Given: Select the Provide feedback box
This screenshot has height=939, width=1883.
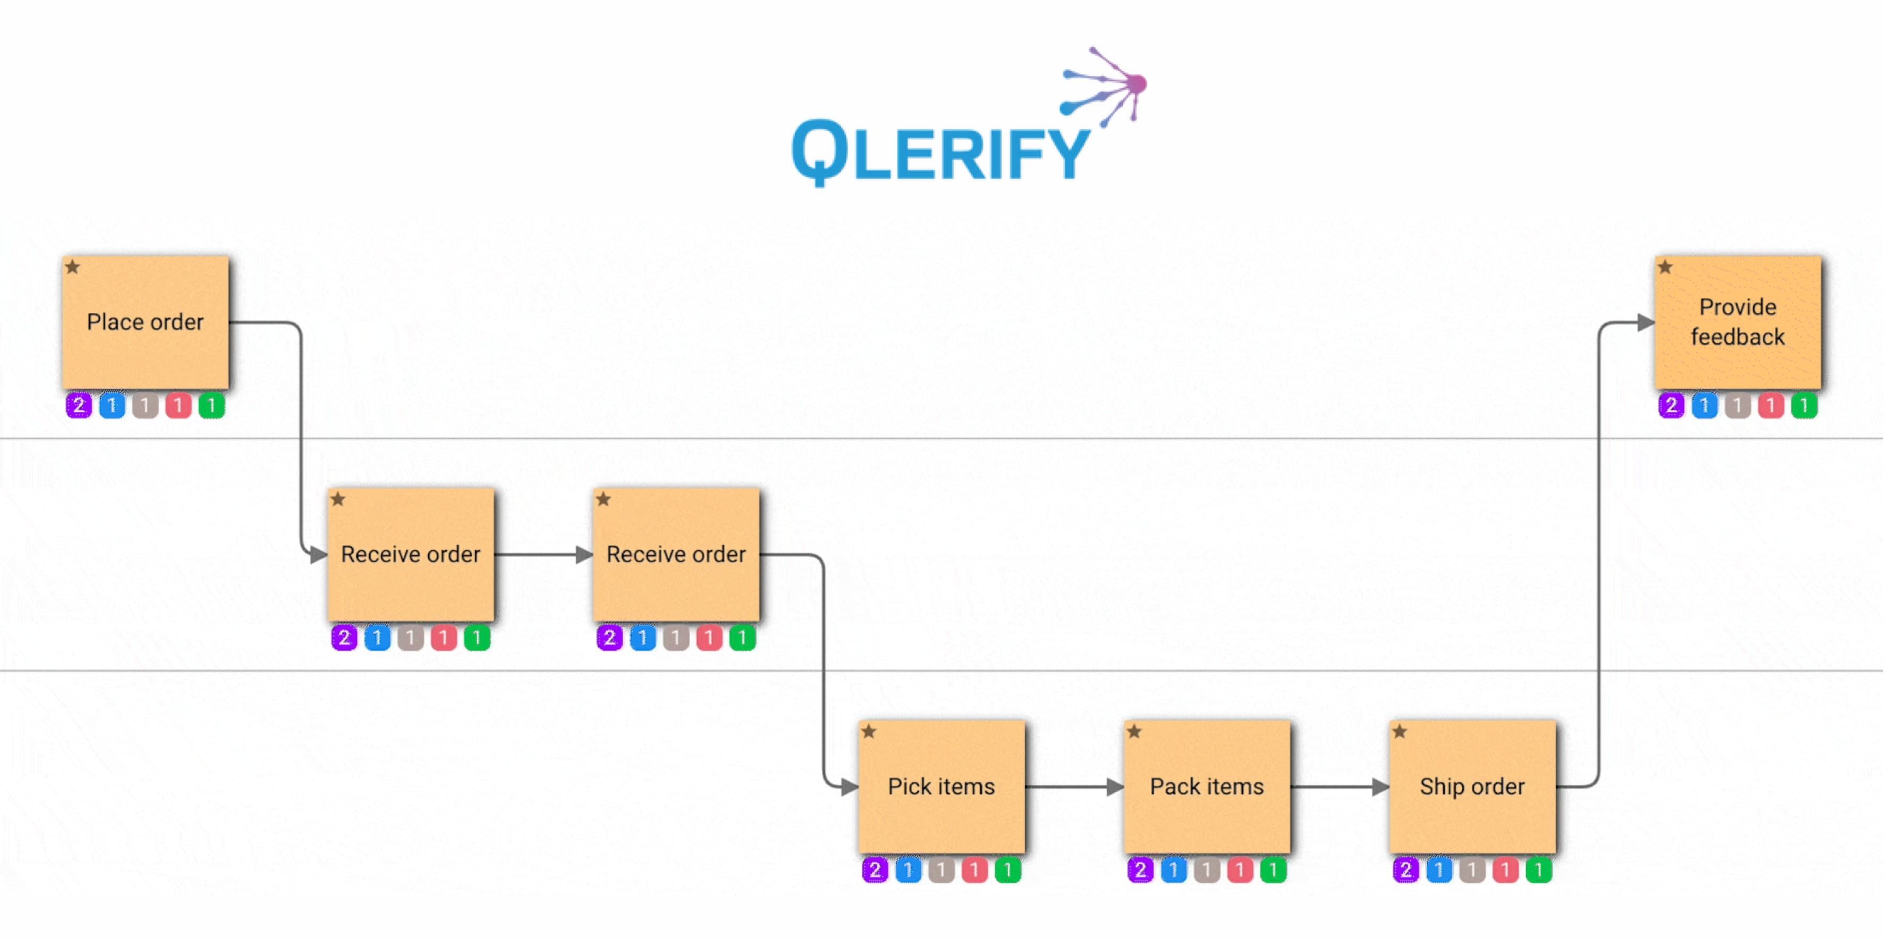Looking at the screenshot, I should click(1737, 322).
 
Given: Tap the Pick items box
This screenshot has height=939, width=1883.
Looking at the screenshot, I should click(941, 786).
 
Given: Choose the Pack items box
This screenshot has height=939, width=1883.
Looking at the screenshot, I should click(1207, 786).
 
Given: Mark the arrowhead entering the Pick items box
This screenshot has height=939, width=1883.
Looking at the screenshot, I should click(850, 787).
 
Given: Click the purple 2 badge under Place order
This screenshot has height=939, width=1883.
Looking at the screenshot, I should click(79, 405).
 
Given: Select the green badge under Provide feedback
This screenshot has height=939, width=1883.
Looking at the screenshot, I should click(1804, 405).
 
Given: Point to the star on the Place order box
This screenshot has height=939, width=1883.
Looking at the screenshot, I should click(72, 267).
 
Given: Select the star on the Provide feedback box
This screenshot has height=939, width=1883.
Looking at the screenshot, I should click(1665, 267).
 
